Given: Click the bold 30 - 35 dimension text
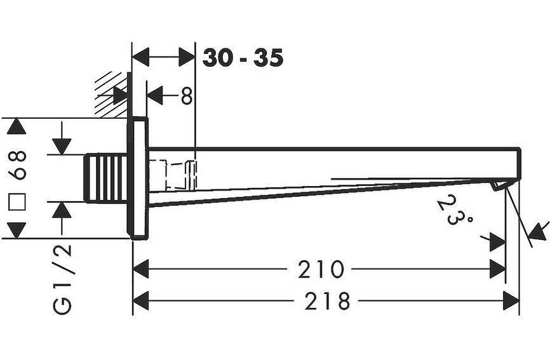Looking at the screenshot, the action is pos(243,58).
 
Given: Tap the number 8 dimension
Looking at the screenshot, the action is pos(187,96).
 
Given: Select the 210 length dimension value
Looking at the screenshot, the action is pos(320,269).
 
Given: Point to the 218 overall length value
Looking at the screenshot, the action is pos(327,301).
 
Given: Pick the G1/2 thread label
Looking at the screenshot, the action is pos(62,280).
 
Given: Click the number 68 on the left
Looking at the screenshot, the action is pos(17,165).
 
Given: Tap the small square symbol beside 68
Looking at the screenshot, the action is pos(17,202).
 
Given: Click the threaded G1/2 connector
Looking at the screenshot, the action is pos(105,178).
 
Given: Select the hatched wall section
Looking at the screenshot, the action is pos(111,95).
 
